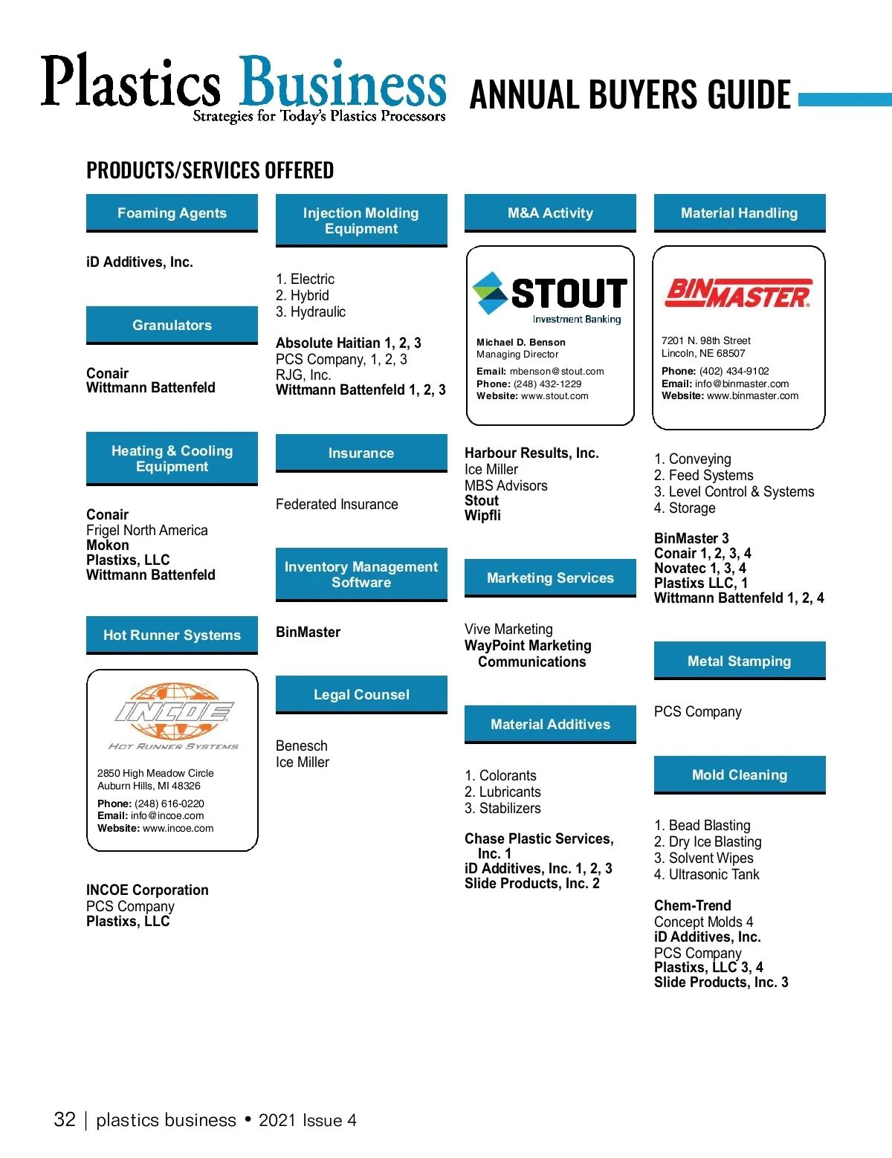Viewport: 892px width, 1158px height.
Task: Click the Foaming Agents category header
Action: point(172,213)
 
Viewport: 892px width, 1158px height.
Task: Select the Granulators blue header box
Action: point(172,326)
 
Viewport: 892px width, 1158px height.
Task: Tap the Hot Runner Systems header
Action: point(172,635)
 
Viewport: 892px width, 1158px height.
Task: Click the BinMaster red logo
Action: point(738,294)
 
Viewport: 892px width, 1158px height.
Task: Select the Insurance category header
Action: point(361,453)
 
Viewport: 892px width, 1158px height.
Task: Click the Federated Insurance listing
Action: point(337,505)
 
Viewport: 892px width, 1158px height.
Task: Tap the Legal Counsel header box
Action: point(361,695)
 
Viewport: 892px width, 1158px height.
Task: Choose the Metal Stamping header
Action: point(739,662)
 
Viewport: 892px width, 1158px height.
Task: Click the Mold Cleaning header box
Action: point(739,775)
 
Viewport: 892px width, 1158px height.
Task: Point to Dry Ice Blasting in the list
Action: point(708,842)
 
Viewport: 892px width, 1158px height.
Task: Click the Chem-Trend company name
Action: point(693,906)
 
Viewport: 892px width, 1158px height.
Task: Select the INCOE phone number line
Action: point(151,803)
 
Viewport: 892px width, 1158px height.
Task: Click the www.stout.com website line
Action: point(532,396)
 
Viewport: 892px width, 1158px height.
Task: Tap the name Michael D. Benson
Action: point(521,343)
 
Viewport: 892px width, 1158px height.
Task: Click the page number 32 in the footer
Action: point(65,1120)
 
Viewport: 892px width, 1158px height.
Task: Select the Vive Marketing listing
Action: point(508,630)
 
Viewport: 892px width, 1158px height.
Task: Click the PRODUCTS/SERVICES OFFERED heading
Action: point(210,171)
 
